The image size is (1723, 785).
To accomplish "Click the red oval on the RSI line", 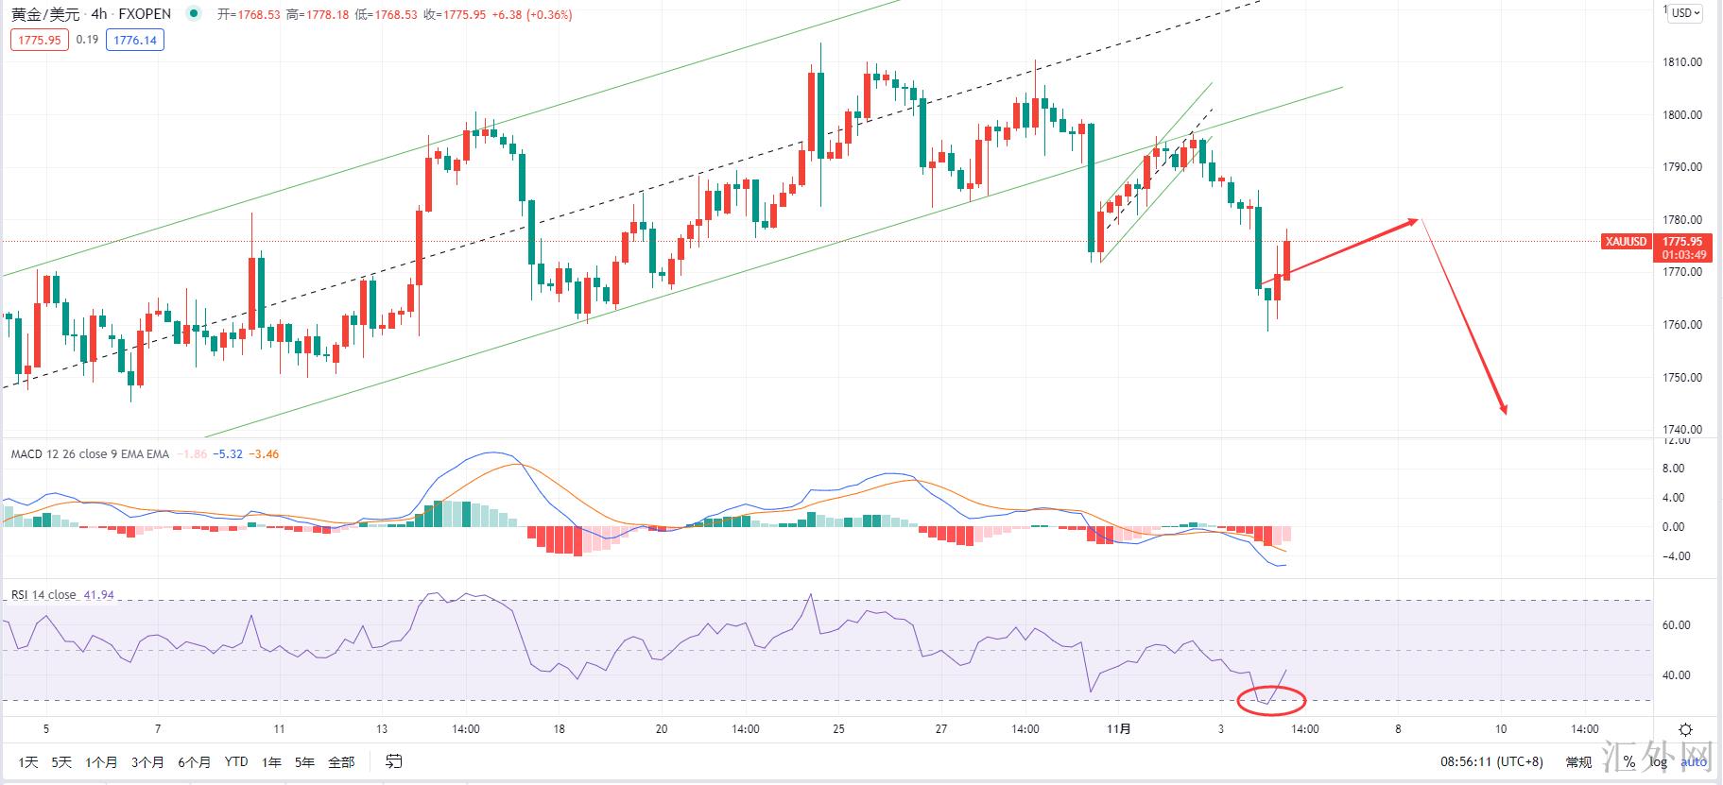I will click(1271, 700).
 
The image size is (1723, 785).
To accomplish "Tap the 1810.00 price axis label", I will click(1682, 62).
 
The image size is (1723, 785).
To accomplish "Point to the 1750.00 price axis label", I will click(1682, 378).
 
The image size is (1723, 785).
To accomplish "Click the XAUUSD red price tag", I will click(1626, 242).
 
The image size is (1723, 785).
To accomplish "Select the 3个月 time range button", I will click(147, 761).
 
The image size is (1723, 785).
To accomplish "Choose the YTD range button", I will click(236, 761).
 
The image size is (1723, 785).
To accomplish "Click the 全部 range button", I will click(341, 761).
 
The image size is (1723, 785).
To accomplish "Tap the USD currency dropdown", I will click(1685, 13).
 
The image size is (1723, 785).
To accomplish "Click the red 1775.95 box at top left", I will click(40, 40).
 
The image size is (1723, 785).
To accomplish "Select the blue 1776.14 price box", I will click(134, 40).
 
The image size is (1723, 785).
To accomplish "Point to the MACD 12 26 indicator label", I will click(90, 454).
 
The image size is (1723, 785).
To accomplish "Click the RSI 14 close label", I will click(43, 595).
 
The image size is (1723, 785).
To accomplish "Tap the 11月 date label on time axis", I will click(1118, 729).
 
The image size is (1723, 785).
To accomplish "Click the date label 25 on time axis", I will click(838, 729).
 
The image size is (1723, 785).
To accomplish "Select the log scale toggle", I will click(1659, 761).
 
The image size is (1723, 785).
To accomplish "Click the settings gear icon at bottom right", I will click(1685, 729).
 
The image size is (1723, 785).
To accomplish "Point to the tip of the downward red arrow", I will click(1505, 414).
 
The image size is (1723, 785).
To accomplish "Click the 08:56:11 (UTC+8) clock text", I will click(1490, 761).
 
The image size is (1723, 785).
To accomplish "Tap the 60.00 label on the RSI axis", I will click(1676, 625).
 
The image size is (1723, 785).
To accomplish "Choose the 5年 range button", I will click(304, 761).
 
